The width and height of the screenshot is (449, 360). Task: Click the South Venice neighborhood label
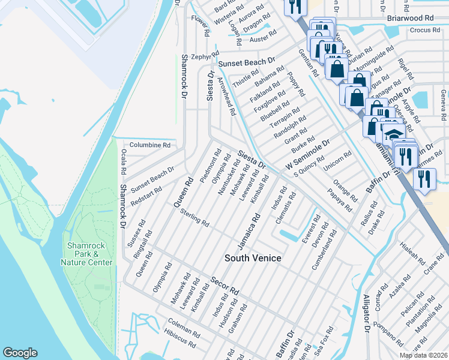[253, 258]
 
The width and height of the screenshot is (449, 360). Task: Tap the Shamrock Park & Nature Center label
[86, 254]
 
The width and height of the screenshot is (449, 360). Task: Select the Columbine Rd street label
[149, 145]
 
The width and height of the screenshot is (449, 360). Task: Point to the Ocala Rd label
[124, 163]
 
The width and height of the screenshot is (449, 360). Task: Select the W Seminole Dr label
[308, 155]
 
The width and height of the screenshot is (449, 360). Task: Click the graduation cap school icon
[393, 136]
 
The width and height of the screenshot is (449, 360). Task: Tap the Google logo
[20, 353]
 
